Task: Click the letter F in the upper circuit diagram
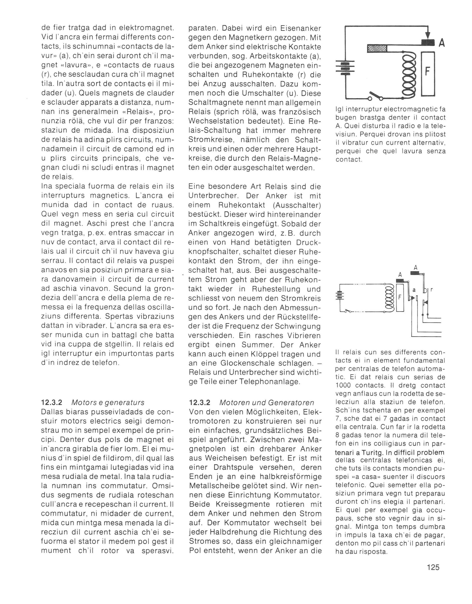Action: coord(427,72)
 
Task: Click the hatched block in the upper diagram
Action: coord(377,48)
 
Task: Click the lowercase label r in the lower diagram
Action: coord(431,290)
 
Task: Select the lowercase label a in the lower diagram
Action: coord(414,290)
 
